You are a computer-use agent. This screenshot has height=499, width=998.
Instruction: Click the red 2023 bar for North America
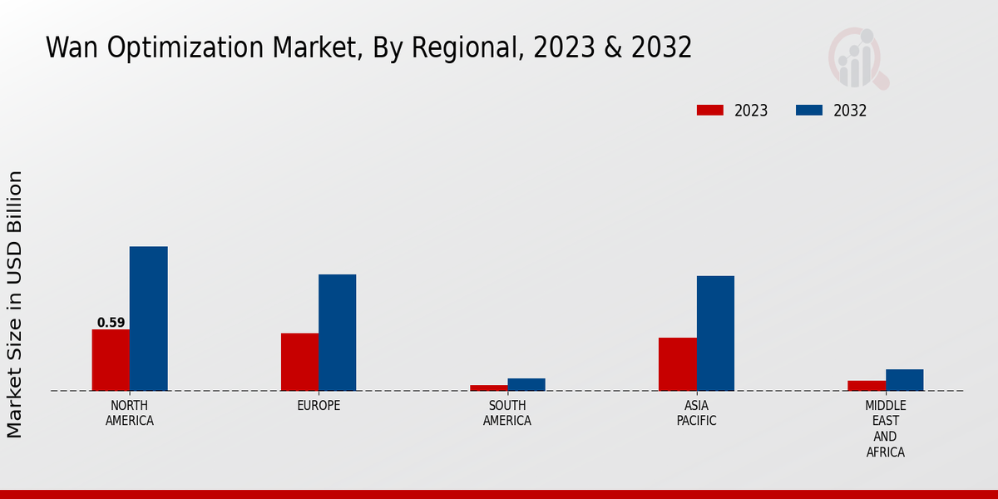pyautogui.click(x=111, y=360)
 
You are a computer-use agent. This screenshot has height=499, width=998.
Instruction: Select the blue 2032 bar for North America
pyautogui.click(x=149, y=319)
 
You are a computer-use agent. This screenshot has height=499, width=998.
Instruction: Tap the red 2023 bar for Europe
pyautogui.click(x=299, y=362)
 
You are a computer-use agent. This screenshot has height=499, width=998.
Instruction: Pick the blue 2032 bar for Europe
pyautogui.click(x=338, y=333)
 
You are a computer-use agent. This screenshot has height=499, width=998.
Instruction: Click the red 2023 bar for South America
pyautogui.click(x=488, y=388)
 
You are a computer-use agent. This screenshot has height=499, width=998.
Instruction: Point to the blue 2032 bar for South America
pyautogui.click(x=526, y=384)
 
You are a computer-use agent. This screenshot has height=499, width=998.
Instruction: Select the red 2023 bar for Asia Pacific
pyautogui.click(x=677, y=364)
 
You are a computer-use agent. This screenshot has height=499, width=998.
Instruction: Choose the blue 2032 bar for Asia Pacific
pyautogui.click(x=715, y=333)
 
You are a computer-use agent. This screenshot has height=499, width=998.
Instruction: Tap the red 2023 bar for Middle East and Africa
pyautogui.click(x=866, y=386)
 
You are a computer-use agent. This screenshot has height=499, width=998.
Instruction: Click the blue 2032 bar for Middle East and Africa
pyautogui.click(x=904, y=380)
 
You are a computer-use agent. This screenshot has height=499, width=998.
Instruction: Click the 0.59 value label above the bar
pyautogui.click(x=111, y=323)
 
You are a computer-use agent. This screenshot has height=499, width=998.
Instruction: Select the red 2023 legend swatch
pyautogui.click(x=710, y=111)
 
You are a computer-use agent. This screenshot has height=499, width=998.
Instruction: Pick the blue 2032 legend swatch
pyautogui.click(x=809, y=111)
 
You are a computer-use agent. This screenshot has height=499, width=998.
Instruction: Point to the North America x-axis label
pyautogui.click(x=130, y=413)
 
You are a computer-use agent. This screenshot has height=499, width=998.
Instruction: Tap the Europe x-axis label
pyautogui.click(x=319, y=406)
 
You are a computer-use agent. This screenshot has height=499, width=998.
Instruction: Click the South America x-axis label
pyautogui.click(x=507, y=413)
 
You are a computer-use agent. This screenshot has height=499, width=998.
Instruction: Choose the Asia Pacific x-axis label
pyautogui.click(x=696, y=413)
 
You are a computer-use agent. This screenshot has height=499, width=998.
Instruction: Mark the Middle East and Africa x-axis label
pyautogui.click(x=885, y=428)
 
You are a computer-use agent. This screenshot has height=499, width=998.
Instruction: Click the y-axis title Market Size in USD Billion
pyautogui.click(x=15, y=304)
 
